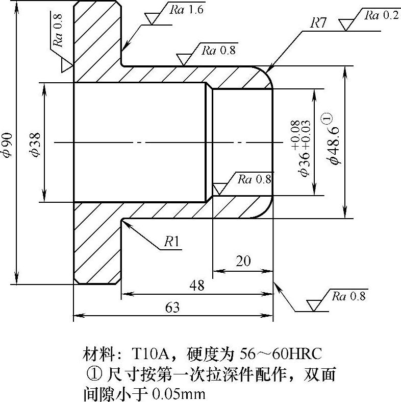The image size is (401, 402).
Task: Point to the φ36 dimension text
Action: coord(305,164)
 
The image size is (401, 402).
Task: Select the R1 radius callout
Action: coord(171,242)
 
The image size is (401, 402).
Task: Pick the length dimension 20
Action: coord(243,261)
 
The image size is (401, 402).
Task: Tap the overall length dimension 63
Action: coord(172,308)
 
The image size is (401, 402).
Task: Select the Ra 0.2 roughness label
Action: coord(381,15)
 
